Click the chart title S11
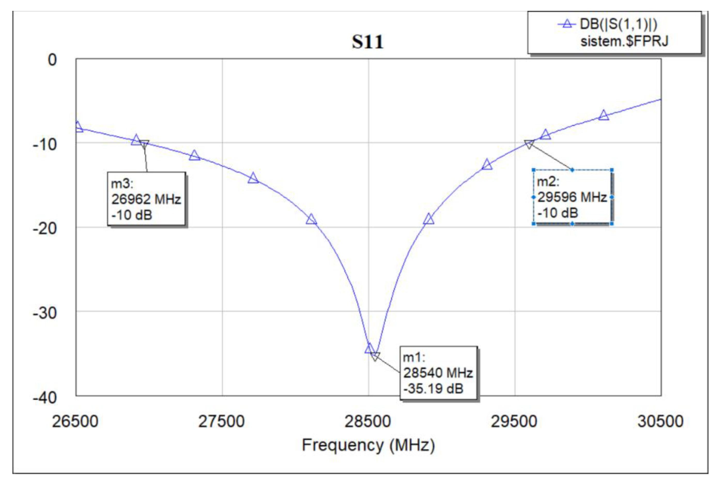pyautogui.click(x=367, y=42)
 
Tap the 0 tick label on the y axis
pyautogui.click(x=52, y=60)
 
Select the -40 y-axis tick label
pyautogui.click(x=45, y=397)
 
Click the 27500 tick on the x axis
pyautogui.click(x=221, y=422)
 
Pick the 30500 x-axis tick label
pyautogui.click(x=660, y=422)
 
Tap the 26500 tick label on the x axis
pyautogui.click(x=75, y=422)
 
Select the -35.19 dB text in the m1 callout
pyautogui.click(x=433, y=389)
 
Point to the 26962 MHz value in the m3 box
pyautogui.click(x=146, y=199)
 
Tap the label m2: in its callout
pyautogui.click(x=548, y=181)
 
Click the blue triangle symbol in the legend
pyautogui.click(x=567, y=24)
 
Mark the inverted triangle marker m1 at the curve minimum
pyautogui.click(x=375, y=356)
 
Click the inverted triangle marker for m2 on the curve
pyautogui.click(x=529, y=144)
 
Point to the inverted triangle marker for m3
pyautogui.click(x=143, y=144)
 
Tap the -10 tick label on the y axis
pyautogui.click(x=45, y=144)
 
